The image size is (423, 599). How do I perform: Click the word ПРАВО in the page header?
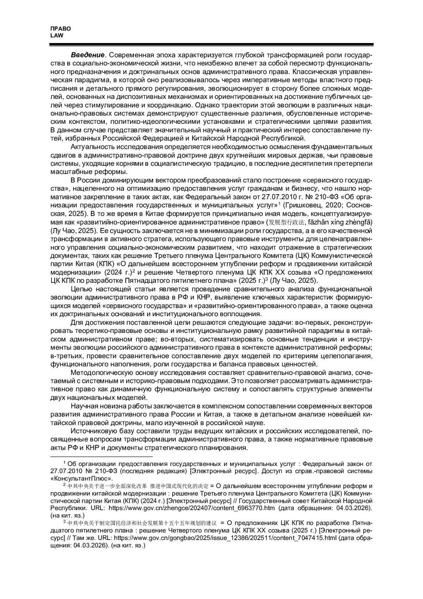click(61, 29)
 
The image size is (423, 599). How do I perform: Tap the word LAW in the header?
click(57, 35)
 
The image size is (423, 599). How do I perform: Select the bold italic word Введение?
click(87, 55)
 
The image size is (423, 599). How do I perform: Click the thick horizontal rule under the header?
click(211, 45)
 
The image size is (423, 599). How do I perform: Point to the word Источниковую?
click(93, 431)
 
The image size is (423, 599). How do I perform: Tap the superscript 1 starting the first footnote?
click(64, 462)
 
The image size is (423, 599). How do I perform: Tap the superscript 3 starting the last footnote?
click(64, 521)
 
